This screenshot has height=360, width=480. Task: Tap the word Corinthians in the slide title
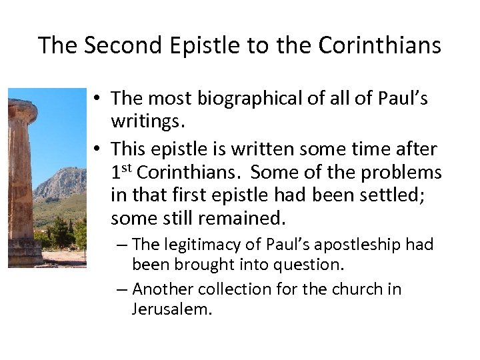point(380,45)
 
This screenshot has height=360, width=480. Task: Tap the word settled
point(390,195)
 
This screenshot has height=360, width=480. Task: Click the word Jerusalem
point(171,309)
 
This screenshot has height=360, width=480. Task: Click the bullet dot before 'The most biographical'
point(97,99)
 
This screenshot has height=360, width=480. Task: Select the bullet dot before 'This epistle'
point(97,148)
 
